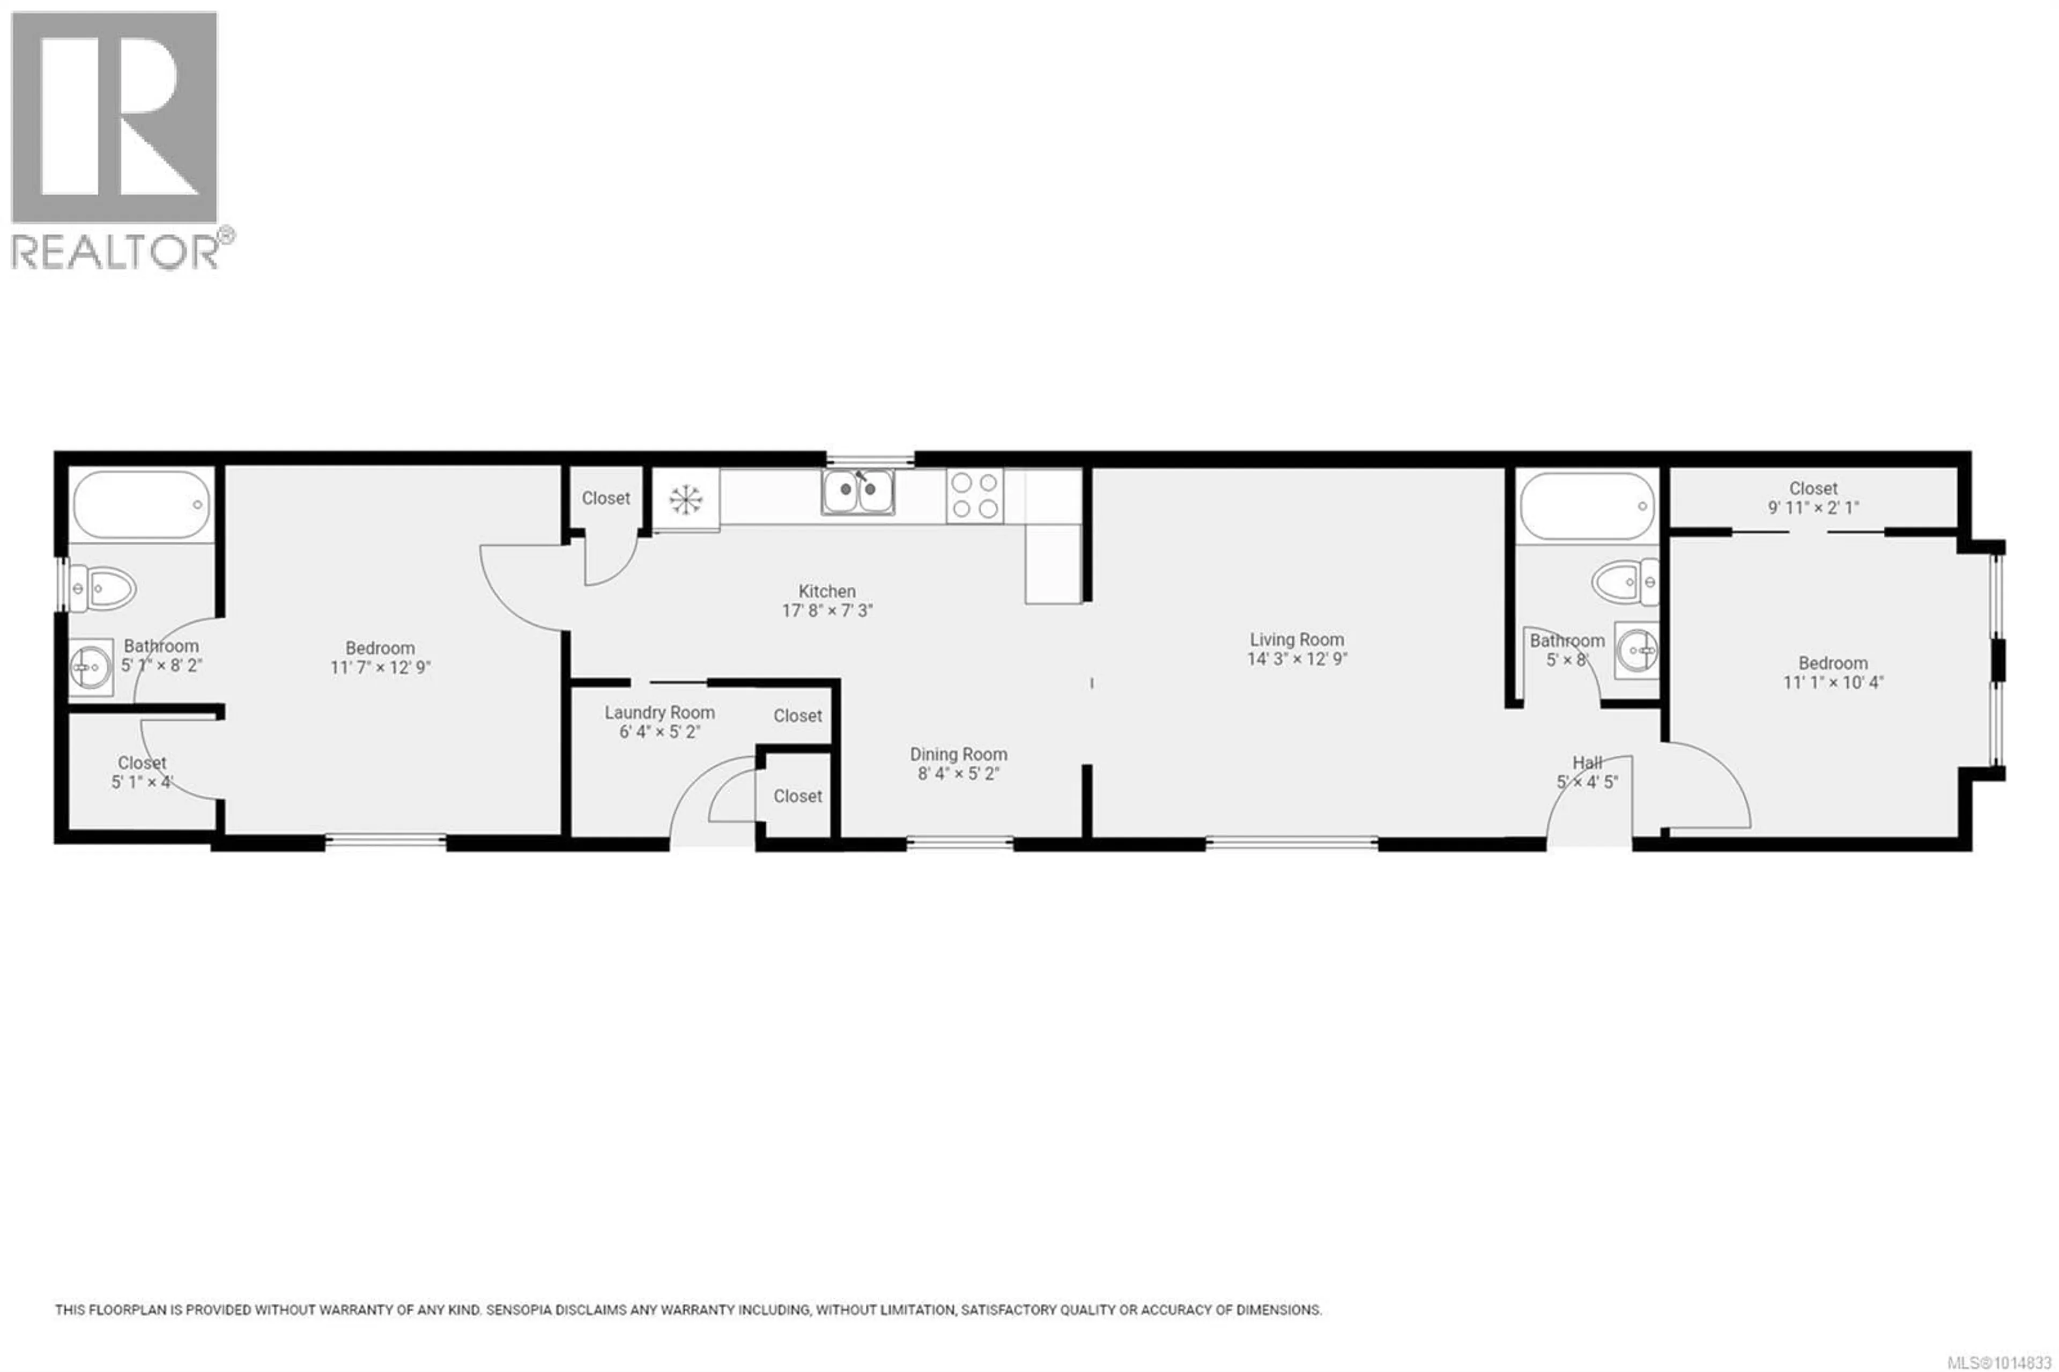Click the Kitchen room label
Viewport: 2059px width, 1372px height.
tap(827, 592)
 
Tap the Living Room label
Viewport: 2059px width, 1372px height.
tap(1297, 640)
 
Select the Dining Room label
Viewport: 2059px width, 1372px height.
tap(959, 754)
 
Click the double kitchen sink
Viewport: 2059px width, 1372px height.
tap(858, 492)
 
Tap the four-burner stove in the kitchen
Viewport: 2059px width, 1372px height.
tap(975, 495)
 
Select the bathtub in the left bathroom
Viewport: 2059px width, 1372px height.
tap(142, 505)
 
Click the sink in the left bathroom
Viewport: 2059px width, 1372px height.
tap(91, 668)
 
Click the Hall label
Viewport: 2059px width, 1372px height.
tap(1588, 763)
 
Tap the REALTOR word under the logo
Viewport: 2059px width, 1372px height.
tap(115, 251)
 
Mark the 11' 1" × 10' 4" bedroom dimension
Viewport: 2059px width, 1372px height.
tap(1833, 682)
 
